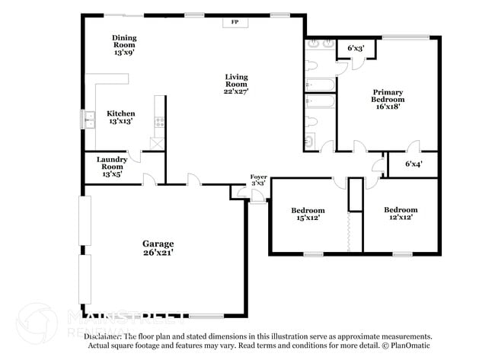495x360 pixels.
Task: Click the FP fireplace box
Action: pos(235,22)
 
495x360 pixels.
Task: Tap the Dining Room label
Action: pos(124,46)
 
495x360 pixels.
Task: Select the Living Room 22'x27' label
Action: pos(236,83)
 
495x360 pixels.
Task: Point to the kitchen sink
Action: pos(84,119)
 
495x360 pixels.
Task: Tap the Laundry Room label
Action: pos(112,166)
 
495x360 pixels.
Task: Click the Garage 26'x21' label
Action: pos(163,247)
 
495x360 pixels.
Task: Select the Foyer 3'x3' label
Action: pos(258,180)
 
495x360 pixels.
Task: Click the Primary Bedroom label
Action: pos(387,99)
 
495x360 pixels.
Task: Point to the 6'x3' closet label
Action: pos(356,49)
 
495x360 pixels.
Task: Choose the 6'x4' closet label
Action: pos(414,164)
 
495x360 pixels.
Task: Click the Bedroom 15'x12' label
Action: pos(308,214)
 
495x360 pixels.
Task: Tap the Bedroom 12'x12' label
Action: pos(401,213)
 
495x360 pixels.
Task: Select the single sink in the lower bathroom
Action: pos(310,140)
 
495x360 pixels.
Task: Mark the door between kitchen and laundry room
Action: pos(135,155)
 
